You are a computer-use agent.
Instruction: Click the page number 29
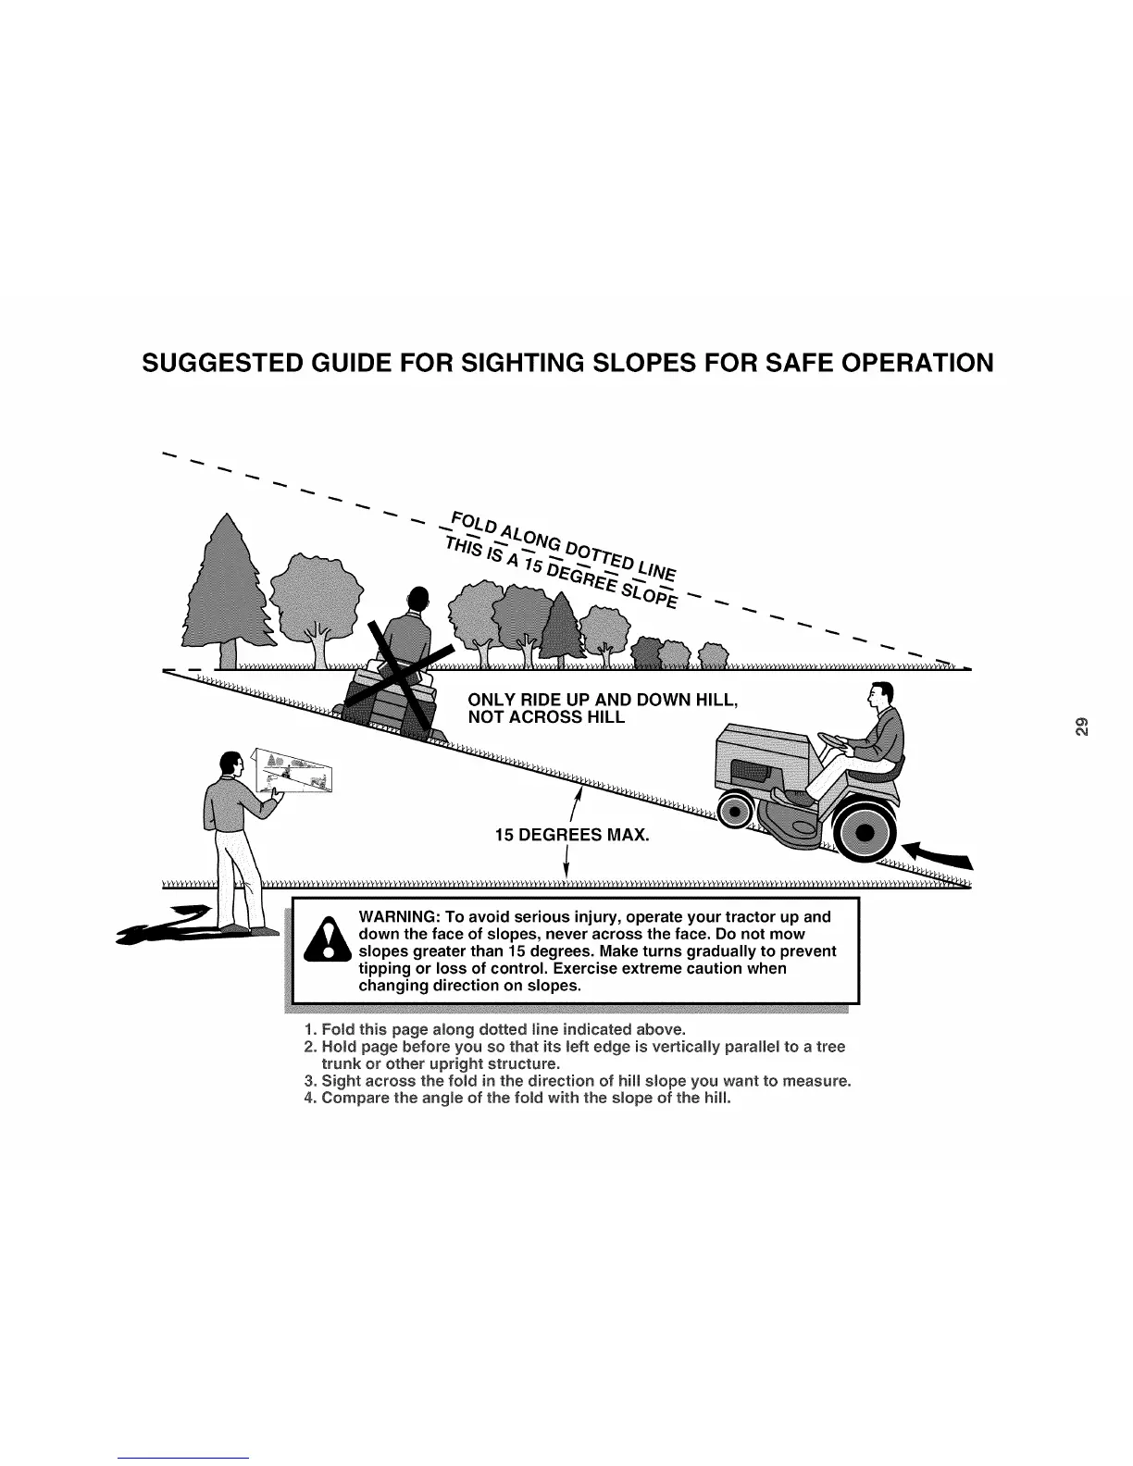tap(1082, 726)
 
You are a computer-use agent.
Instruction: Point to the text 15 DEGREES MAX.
tap(573, 836)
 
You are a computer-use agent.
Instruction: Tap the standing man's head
tap(230, 766)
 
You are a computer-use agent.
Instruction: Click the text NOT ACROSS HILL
tap(547, 717)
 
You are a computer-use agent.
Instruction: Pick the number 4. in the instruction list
tap(310, 1099)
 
